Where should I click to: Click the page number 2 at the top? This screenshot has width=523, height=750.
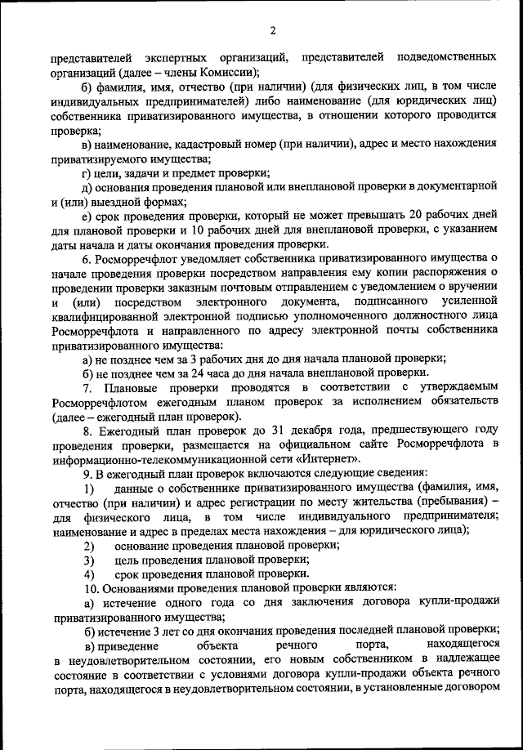pos(273,30)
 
